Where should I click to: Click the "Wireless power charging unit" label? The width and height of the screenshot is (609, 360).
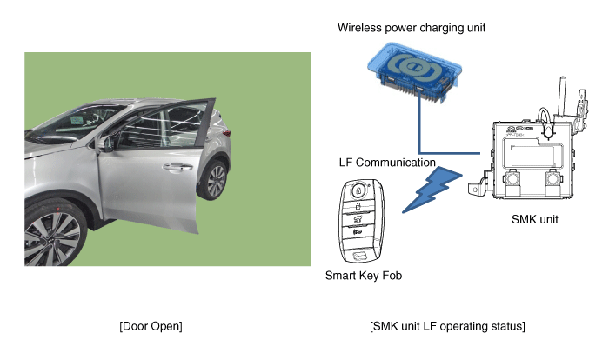coord(411,28)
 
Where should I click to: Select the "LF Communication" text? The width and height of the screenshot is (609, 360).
coord(386,163)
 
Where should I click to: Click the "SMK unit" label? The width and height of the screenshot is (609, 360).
coord(532,220)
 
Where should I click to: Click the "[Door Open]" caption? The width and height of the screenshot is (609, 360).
coord(151,326)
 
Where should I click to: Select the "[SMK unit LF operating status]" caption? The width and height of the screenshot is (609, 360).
coord(447,326)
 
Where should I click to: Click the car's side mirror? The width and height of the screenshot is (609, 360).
coord(107,144)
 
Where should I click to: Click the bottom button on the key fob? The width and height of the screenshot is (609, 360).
coord(359,255)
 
